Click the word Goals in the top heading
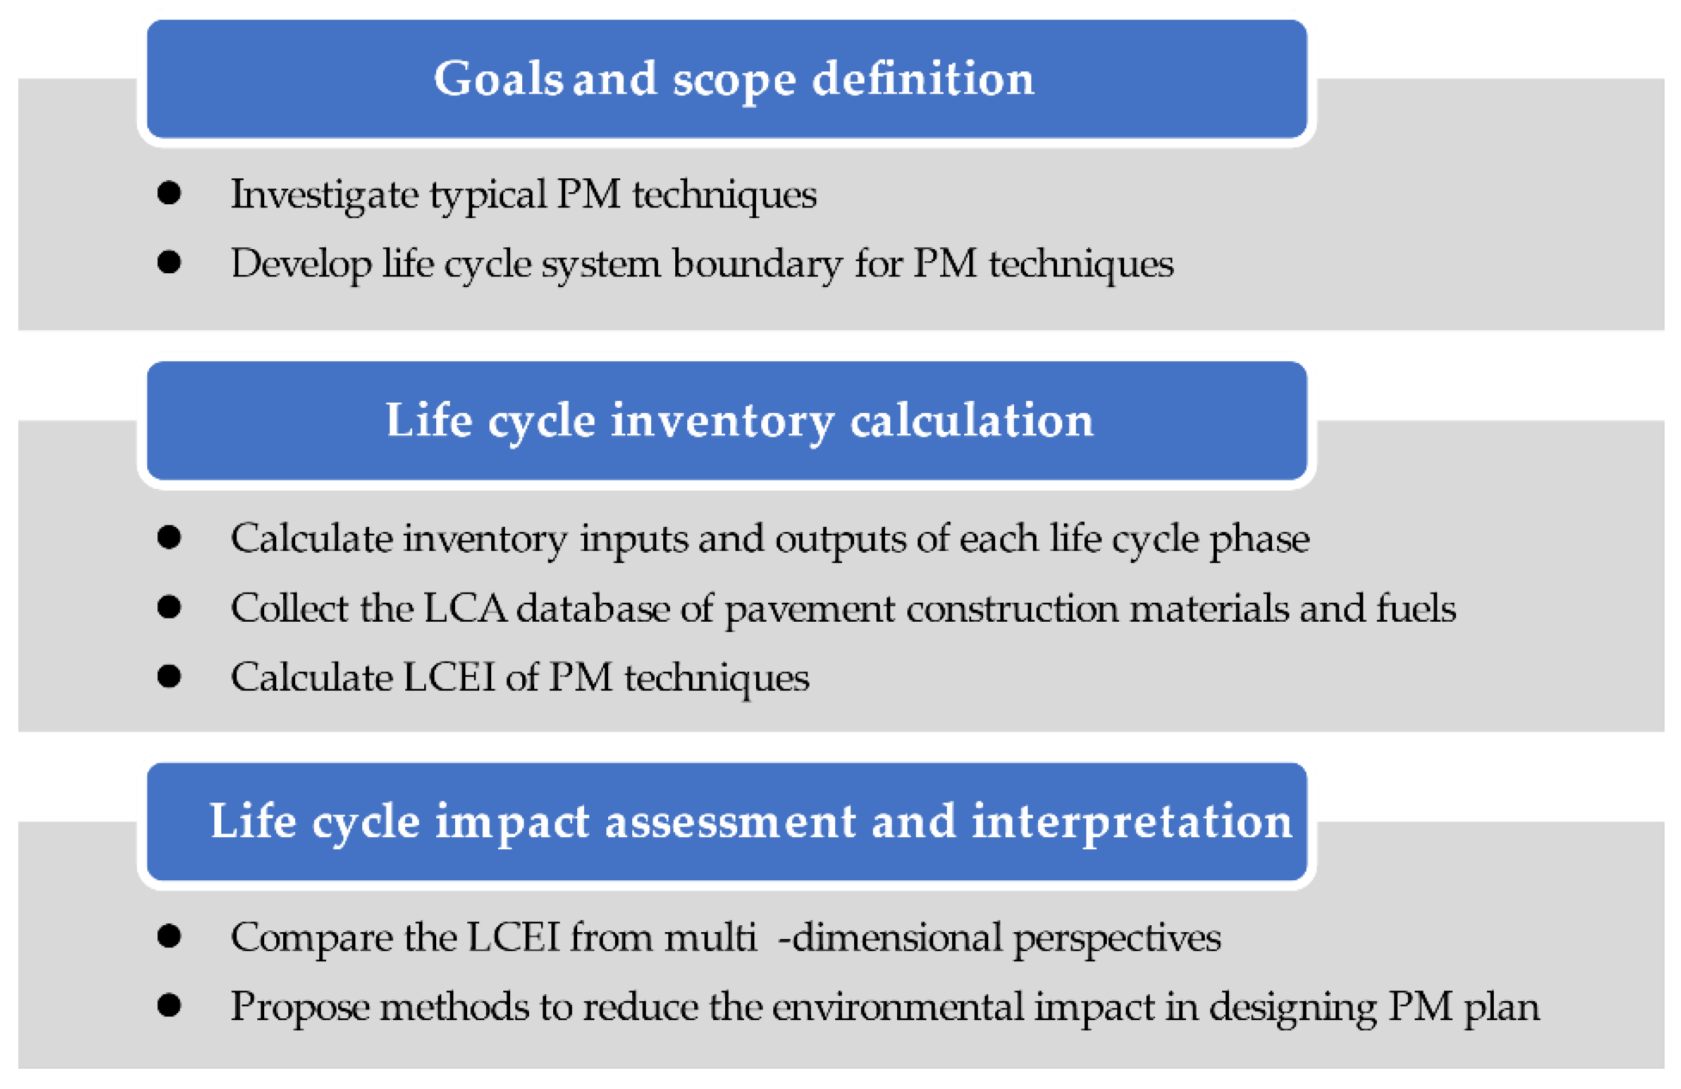[498, 78]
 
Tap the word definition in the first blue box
[922, 78]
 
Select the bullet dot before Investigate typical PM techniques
[169, 193]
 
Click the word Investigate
[324, 194]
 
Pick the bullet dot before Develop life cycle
[169, 262]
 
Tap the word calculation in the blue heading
[971, 421]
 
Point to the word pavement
[809, 608]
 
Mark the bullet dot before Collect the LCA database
[169, 607]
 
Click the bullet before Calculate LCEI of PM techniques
[169, 676]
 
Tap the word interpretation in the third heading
[1132, 822]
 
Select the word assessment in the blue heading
[730, 822]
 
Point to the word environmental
[897, 1007]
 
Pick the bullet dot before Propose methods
[169, 1006]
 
